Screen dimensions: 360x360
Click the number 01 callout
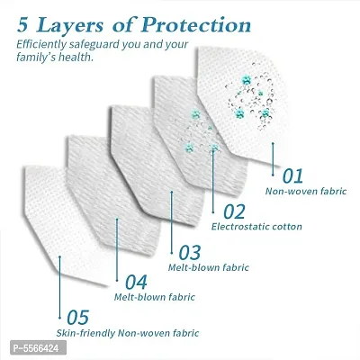[x=292, y=175]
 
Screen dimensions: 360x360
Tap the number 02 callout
[x=234, y=211]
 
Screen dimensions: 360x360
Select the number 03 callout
[x=190, y=253]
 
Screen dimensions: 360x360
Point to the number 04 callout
[x=136, y=283]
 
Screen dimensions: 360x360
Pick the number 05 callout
[x=78, y=318]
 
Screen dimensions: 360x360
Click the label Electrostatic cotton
[x=256, y=227]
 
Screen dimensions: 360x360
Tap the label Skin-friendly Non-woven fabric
[x=128, y=333]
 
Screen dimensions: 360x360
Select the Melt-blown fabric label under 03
[x=209, y=267]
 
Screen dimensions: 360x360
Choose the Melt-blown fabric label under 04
[x=155, y=297]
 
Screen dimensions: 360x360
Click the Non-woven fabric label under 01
[x=306, y=191]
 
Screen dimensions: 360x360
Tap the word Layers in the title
[x=69, y=26]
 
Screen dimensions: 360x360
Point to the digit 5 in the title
[x=22, y=26]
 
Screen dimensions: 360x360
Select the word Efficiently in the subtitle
[x=41, y=44]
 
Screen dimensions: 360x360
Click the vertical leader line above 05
[x=59, y=287]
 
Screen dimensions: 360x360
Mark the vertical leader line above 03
[x=172, y=222]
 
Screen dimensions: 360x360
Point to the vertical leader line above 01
[x=273, y=159]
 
